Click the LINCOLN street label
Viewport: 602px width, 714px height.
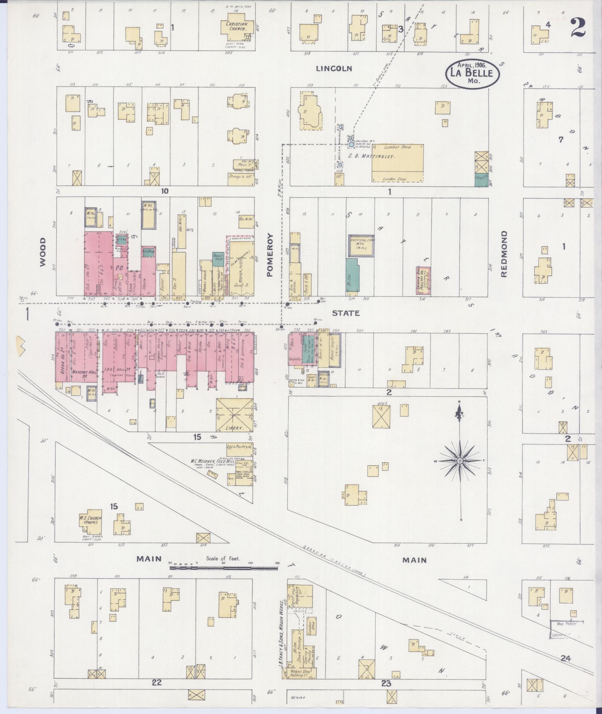(334, 69)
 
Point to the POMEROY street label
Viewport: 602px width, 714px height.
(270, 255)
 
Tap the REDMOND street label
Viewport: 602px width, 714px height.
(504, 254)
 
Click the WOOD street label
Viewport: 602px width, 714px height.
(42, 252)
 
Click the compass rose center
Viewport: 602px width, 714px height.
(460, 462)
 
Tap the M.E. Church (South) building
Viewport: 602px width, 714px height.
(90, 520)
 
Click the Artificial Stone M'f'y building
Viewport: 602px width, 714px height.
(362, 246)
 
